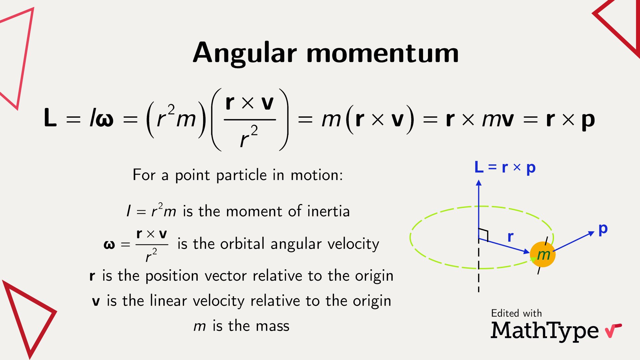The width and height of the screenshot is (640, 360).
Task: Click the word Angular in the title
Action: [245, 53]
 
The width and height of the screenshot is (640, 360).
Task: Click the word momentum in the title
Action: [382, 53]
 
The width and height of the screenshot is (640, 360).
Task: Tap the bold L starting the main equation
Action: [50, 118]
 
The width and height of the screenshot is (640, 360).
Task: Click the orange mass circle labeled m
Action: [543, 255]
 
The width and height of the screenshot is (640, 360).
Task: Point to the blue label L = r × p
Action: [505, 167]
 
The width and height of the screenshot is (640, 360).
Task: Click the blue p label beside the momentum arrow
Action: [603, 229]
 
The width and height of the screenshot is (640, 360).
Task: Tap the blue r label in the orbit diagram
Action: [510, 237]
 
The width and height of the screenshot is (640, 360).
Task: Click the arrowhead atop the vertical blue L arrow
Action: [479, 183]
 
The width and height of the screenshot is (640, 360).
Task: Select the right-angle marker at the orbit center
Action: [484, 234]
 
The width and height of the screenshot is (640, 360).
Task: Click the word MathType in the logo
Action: [545, 331]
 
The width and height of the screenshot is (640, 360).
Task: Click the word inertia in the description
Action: [328, 211]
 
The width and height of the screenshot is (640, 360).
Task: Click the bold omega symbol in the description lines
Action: [109, 245]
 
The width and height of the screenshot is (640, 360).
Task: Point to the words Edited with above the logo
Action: [516, 313]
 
